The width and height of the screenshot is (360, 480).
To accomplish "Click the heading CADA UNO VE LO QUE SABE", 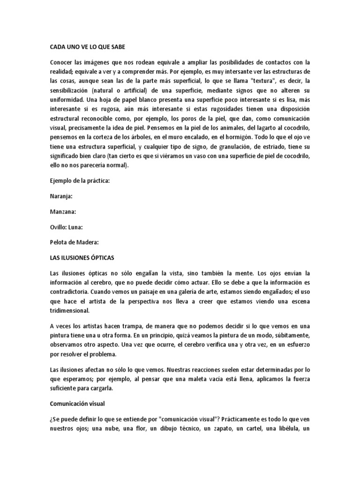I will (x=88, y=47).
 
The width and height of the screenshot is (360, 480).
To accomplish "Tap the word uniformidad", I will (x=68, y=99).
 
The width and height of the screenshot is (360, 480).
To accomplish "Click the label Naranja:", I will (x=61, y=196).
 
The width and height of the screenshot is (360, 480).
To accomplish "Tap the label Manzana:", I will (x=63, y=212).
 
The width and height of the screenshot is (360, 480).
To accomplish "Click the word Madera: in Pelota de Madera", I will (x=88, y=243).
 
